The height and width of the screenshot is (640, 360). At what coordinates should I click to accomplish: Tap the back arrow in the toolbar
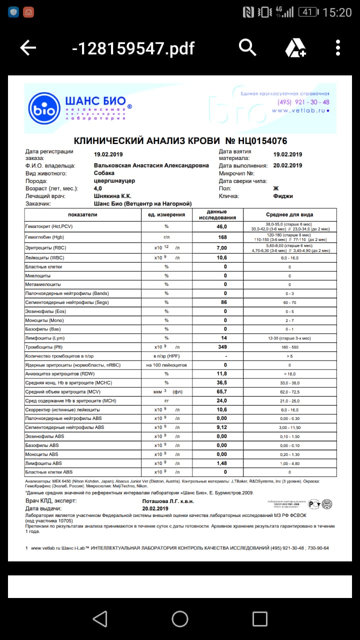point(28,48)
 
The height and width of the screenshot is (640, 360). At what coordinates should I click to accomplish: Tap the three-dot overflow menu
point(338,47)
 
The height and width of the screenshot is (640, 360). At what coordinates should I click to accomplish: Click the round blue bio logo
point(44,108)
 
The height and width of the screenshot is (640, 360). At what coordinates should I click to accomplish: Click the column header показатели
point(83,214)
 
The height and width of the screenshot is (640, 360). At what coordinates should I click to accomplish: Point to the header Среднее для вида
point(289,214)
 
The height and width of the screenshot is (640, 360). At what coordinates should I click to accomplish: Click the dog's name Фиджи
point(283,196)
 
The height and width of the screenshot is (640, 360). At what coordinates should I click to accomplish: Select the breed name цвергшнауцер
point(114,180)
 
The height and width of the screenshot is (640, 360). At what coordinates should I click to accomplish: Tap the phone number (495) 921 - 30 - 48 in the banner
point(303,102)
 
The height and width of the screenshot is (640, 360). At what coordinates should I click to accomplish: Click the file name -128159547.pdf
point(133,48)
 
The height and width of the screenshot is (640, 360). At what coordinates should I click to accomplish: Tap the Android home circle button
point(180,618)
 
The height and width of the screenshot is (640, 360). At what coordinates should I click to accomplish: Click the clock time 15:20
point(337,12)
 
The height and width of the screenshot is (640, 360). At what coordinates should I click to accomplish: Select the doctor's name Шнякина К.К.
point(113,196)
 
